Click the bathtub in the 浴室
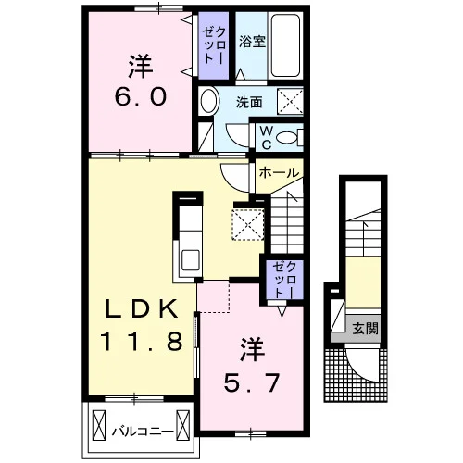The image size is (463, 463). pyautogui.click(x=285, y=45)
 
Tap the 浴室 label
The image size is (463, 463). pyautogui.click(x=252, y=42)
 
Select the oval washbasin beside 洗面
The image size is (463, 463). pyautogui.click(x=209, y=100)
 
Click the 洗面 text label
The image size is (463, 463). pyautogui.click(x=249, y=102)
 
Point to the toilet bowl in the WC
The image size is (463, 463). pyautogui.click(x=287, y=137)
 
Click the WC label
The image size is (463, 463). pyautogui.click(x=266, y=138)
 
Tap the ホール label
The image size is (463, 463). pyautogui.click(x=279, y=173)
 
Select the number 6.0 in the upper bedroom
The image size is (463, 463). pyautogui.click(x=141, y=96)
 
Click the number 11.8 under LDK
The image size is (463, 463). pyautogui.click(x=141, y=341)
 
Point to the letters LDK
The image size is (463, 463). pyautogui.click(x=142, y=308)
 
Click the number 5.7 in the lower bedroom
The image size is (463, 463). pyautogui.click(x=252, y=382)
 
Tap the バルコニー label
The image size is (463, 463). pyautogui.click(x=143, y=431)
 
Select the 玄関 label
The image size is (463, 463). pyautogui.click(x=366, y=328)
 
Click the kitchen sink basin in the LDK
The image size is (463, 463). pyautogui.click(x=190, y=260)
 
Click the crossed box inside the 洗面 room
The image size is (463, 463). pyautogui.click(x=290, y=102)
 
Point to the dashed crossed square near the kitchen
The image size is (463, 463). pyautogui.click(x=248, y=224)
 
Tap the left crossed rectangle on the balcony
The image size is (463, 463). pyautogui.click(x=99, y=425)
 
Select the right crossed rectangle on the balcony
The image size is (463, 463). pyautogui.click(x=182, y=425)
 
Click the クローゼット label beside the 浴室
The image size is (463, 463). pyautogui.click(x=214, y=45)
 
